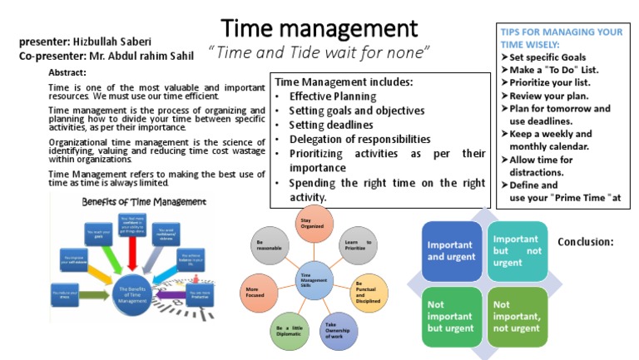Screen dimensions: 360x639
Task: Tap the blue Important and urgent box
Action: tap(452, 250)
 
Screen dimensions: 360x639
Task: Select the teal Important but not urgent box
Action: tap(517, 250)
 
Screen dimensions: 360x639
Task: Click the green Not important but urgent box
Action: tap(452, 316)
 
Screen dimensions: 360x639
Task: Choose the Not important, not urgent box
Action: tap(517, 316)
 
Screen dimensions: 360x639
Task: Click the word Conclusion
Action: tap(585, 242)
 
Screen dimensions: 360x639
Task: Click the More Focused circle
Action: tap(256, 293)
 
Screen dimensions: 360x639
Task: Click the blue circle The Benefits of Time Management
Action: tap(134, 294)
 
